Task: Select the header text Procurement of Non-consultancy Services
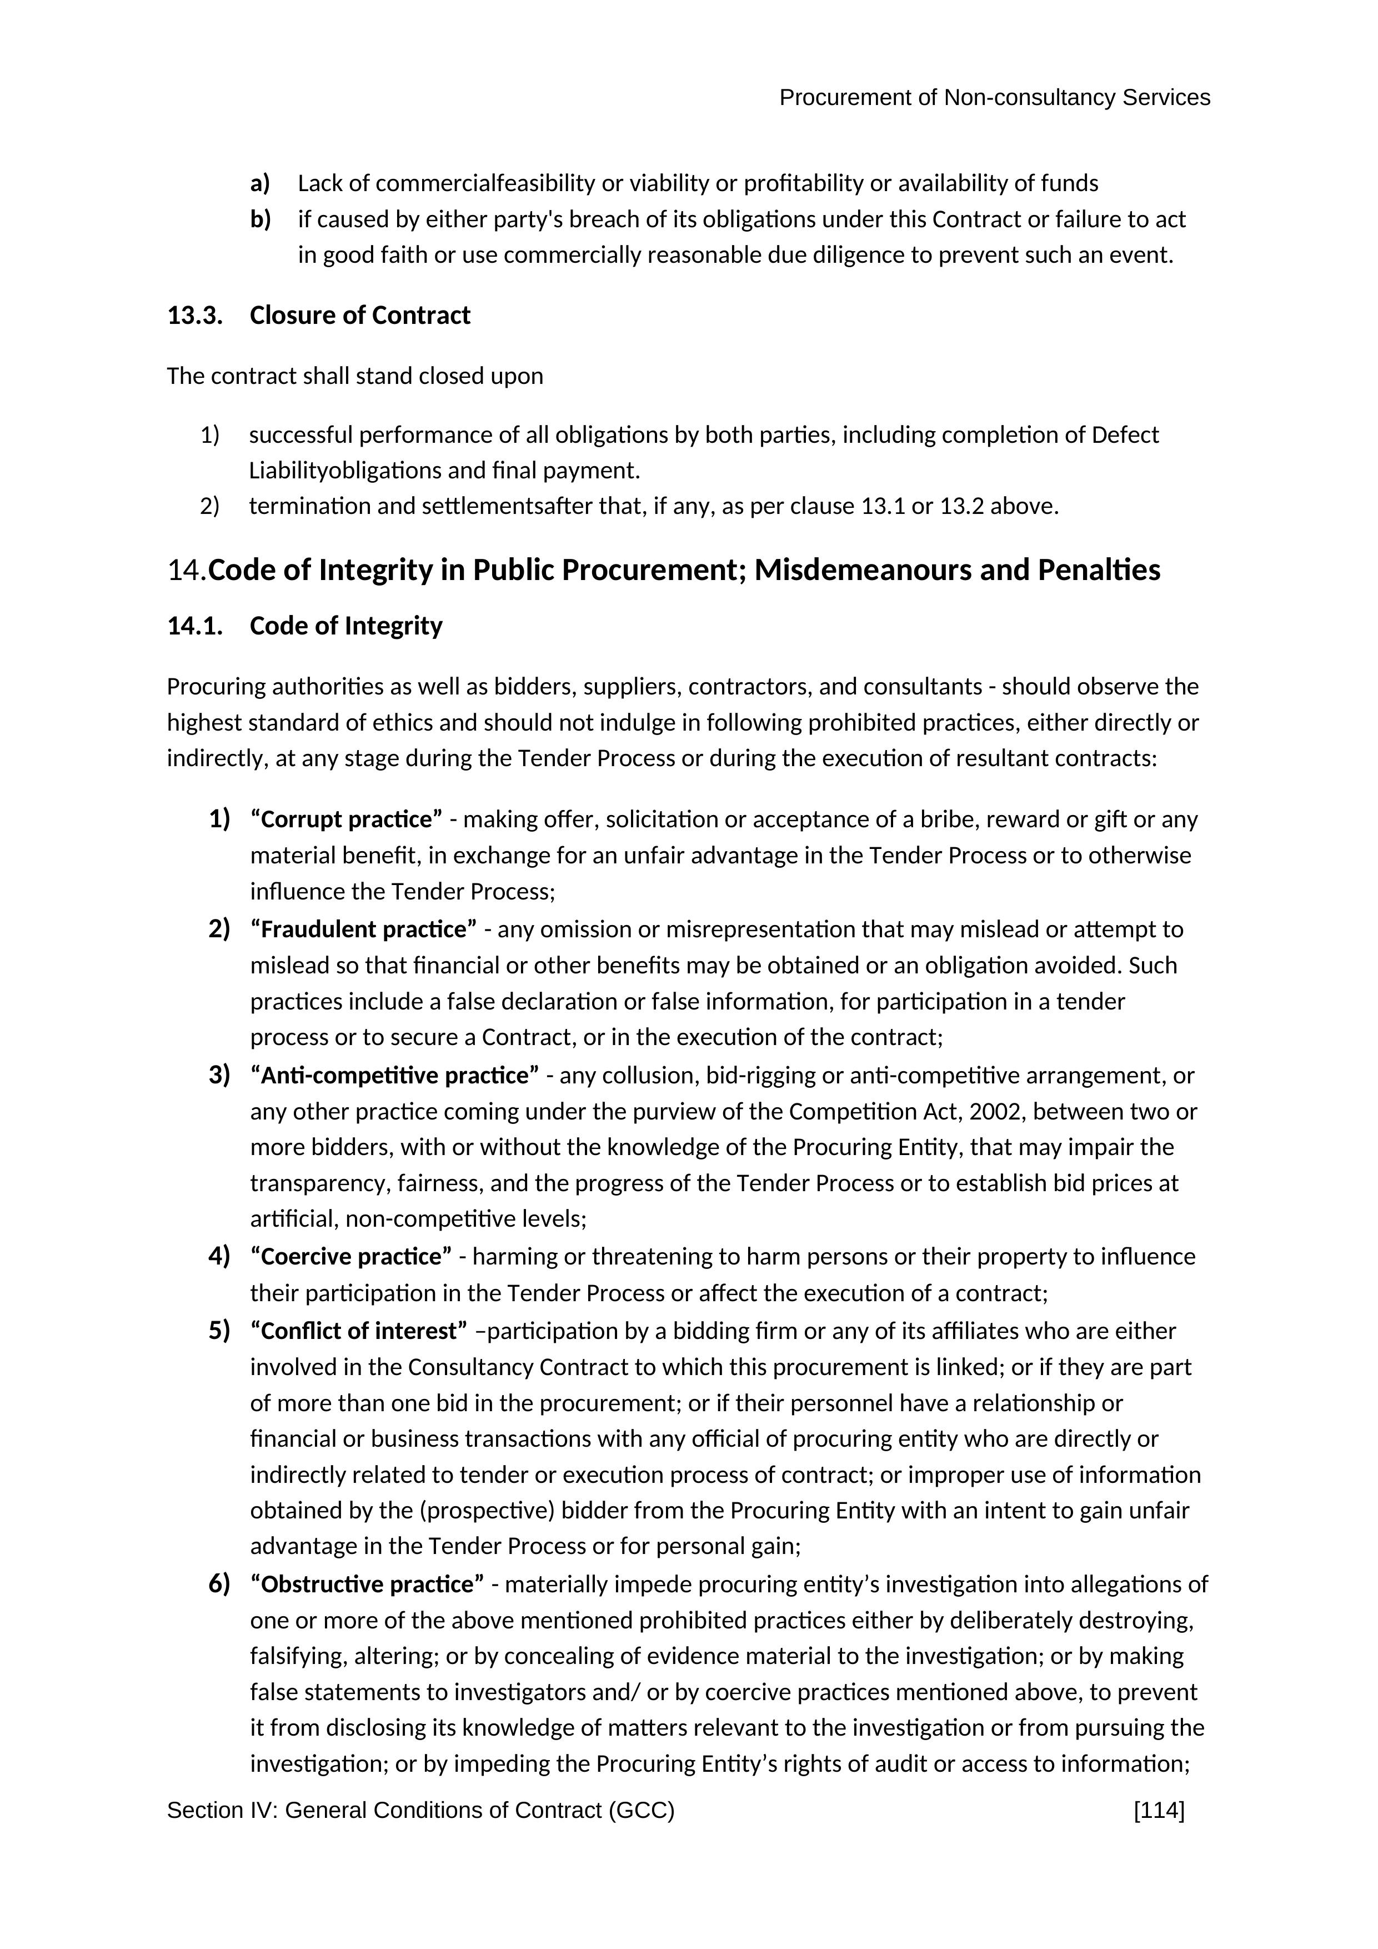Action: pos(994,98)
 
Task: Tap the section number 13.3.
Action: pos(194,315)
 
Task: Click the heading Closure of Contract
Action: pos(360,315)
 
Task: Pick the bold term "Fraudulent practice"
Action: pos(363,929)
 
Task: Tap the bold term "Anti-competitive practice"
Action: pos(394,1076)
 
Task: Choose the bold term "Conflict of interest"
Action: pos(359,1331)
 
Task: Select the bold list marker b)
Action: pos(259,220)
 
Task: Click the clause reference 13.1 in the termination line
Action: pos(883,507)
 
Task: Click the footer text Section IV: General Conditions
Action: pos(420,1811)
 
